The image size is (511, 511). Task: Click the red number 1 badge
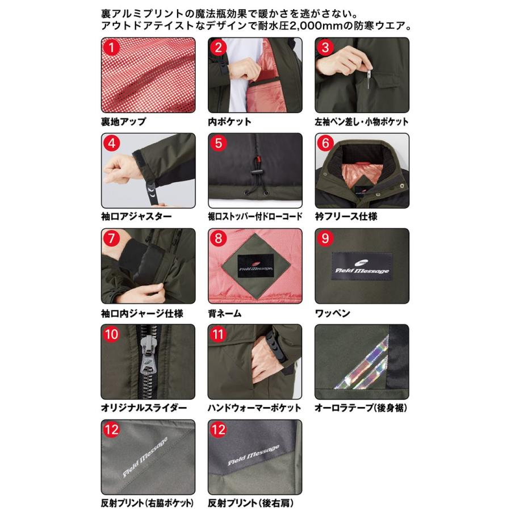tap(111, 48)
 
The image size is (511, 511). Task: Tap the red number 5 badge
tap(219, 143)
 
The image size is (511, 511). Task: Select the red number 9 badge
tap(325, 238)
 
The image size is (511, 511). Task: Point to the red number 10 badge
tap(111, 334)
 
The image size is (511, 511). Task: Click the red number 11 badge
tap(219, 334)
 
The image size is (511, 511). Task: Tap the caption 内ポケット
tap(229, 122)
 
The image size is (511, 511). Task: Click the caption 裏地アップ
tap(124, 122)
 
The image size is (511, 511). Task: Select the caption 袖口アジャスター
tap(136, 216)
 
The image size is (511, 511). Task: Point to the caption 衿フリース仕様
tap(346, 216)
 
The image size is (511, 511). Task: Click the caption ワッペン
tap(332, 313)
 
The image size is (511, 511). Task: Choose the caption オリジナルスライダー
tap(144, 408)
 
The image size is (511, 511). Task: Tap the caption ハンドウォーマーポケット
tap(254, 408)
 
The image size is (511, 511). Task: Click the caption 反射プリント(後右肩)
tap(251, 503)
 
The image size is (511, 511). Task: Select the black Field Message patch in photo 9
tap(362, 266)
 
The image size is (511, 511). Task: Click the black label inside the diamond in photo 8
tap(255, 266)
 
